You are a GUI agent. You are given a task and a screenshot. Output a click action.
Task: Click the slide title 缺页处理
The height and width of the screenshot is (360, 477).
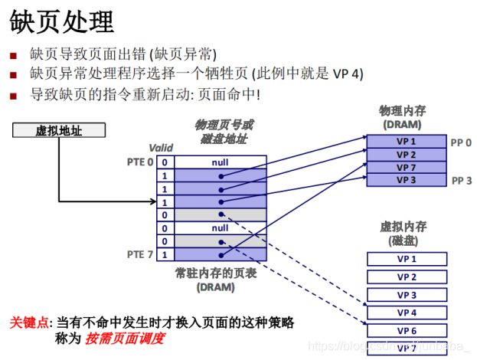(x=62, y=21)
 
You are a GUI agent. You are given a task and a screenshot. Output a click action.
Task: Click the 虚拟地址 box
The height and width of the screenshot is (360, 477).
(x=58, y=131)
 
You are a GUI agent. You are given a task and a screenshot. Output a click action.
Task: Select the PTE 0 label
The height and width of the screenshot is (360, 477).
(x=139, y=162)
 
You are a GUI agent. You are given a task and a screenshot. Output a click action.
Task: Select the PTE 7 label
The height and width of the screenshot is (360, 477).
(x=139, y=254)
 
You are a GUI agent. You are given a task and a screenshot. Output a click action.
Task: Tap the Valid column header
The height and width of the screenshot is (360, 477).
(x=161, y=148)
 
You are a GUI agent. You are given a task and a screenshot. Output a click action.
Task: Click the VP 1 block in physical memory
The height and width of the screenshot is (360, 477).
(x=406, y=142)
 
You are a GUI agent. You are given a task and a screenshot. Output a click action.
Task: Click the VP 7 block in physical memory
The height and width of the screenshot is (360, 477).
(x=406, y=168)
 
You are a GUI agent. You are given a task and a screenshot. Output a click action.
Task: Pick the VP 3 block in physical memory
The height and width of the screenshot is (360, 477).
(x=406, y=180)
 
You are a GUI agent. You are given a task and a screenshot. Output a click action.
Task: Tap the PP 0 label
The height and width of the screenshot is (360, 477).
(x=461, y=142)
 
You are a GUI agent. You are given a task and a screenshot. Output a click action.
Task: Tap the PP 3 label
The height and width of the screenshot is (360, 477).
(x=461, y=181)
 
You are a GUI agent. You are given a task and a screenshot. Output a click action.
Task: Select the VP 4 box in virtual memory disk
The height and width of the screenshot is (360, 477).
(x=406, y=313)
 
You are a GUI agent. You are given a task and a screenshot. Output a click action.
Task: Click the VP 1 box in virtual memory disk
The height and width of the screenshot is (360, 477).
(x=406, y=259)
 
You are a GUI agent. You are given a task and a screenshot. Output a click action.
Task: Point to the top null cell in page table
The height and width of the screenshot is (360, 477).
(x=220, y=162)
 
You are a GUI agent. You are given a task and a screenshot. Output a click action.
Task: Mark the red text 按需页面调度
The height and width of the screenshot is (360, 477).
(x=125, y=337)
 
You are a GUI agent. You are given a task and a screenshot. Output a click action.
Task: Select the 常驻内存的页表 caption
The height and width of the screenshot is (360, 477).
(x=215, y=273)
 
